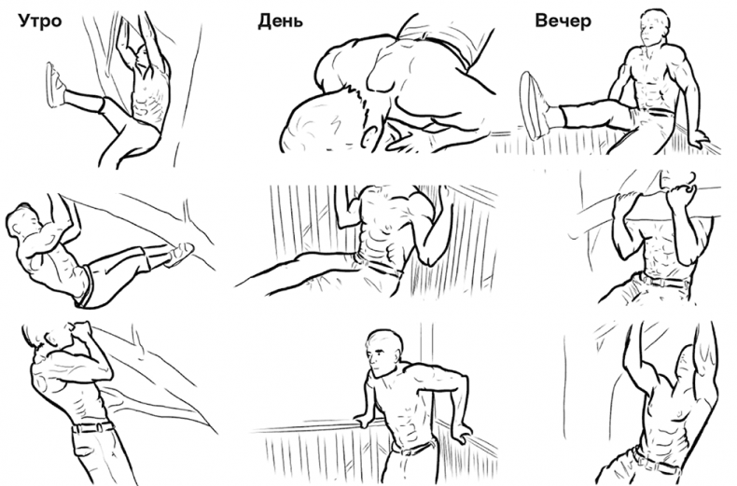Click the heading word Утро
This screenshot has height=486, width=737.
40,21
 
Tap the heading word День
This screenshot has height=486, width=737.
280,21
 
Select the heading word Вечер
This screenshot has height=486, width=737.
563,21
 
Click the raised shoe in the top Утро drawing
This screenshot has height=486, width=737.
54,85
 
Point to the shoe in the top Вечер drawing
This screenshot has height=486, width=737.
534,105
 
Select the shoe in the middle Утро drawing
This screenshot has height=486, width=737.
179,254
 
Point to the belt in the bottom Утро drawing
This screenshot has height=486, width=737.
93,427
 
